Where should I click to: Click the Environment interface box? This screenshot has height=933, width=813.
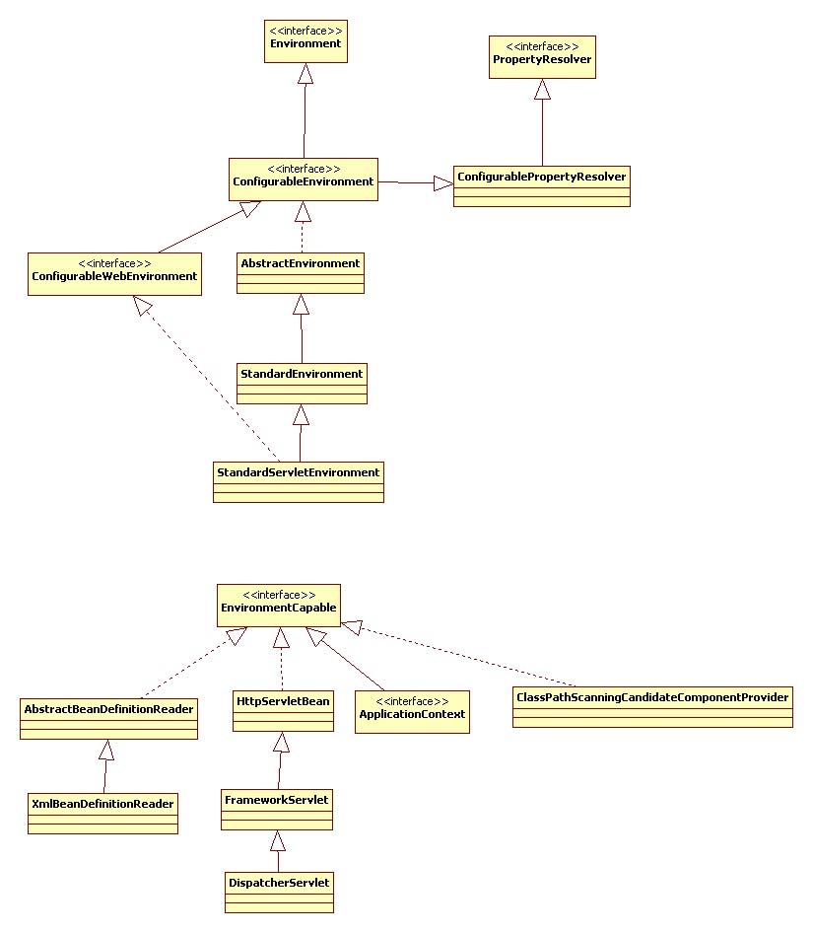point(305,41)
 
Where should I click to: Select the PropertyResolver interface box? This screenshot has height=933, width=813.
point(542,56)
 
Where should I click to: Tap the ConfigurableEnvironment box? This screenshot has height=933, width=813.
point(304,179)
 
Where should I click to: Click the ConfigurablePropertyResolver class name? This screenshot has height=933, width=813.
point(541,177)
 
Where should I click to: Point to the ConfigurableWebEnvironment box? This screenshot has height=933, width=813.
point(114,274)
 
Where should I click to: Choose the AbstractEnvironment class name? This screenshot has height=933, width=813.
point(301,263)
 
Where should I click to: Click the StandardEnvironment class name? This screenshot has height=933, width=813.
point(302,374)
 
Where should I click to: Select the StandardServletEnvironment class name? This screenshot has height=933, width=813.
point(298,472)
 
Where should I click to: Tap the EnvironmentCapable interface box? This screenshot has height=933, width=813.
point(278,606)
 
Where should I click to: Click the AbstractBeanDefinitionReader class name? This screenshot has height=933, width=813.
point(108,709)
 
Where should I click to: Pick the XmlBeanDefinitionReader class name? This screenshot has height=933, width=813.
point(102,804)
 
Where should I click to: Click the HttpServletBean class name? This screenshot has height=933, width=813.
point(283,701)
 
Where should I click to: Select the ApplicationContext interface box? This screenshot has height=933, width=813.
point(412,712)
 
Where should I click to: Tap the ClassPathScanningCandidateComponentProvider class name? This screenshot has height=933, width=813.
point(652,697)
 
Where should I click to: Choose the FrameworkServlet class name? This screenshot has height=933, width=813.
point(277,800)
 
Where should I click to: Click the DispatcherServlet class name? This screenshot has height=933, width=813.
point(279,883)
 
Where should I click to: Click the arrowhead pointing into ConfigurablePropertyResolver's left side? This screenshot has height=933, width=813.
point(443,183)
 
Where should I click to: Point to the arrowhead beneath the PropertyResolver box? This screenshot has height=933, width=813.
point(542,89)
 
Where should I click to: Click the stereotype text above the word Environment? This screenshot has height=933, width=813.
point(305,31)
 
